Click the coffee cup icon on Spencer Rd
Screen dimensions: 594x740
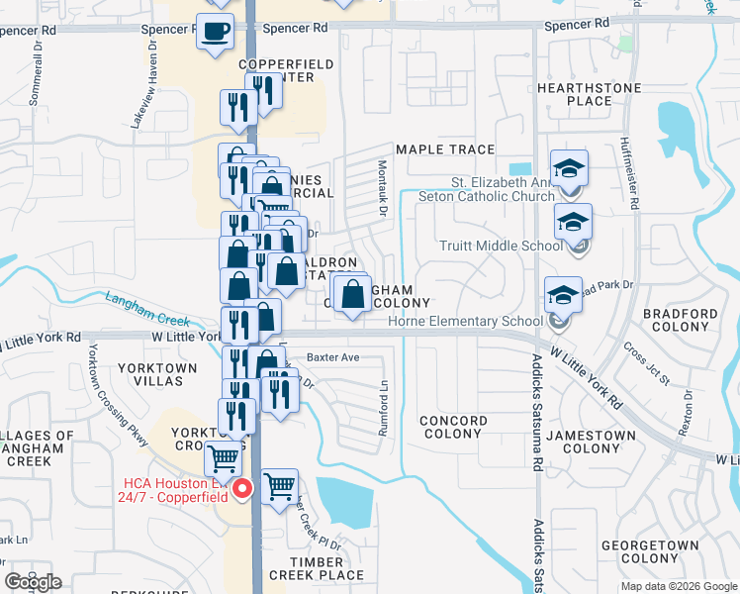[x=215, y=32]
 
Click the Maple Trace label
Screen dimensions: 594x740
[x=444, y=149]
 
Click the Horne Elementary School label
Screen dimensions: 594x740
[x=479, y=321]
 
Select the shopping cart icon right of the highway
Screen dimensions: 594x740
[x=280, y=486]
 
